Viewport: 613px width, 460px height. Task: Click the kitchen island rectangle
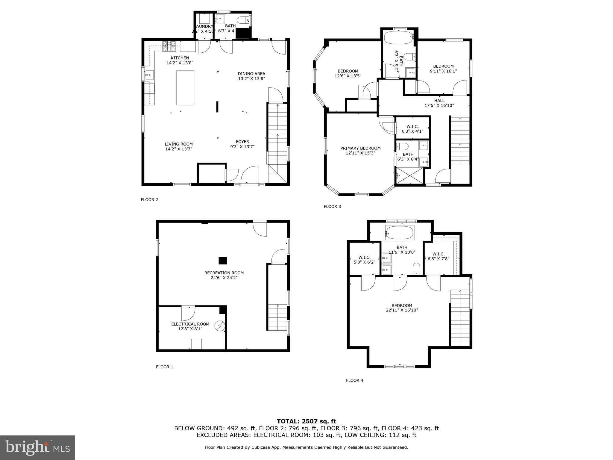(185, 88)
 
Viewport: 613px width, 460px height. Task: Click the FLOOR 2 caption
(149, 200)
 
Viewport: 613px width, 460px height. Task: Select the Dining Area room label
(251, 74)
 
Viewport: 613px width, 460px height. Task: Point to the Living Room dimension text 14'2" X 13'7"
(179, 149)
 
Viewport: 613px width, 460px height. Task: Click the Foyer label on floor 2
(242, 142)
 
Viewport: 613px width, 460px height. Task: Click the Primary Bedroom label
(360, 148)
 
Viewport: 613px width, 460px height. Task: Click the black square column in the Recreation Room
(223, 261)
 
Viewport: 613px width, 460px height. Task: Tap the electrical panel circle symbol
(220, 326)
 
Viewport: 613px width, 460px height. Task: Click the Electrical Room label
(190, 324)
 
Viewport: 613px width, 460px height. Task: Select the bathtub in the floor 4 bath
(400, 232)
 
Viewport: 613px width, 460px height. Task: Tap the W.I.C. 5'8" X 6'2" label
(365, 260)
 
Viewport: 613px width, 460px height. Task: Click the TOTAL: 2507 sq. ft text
(306, 421)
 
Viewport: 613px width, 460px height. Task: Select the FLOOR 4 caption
(355, 380)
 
